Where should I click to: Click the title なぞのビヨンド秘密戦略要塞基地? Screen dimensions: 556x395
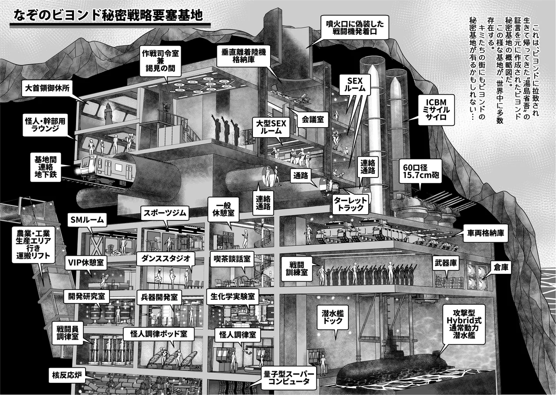point(108,15)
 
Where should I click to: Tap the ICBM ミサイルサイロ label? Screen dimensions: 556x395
point(436,110)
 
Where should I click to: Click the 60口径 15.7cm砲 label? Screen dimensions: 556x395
point(421,171)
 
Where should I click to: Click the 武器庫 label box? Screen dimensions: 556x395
point(446,263)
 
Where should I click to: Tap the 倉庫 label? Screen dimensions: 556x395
point(501,267)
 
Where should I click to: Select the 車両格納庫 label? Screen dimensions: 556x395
point(486,233)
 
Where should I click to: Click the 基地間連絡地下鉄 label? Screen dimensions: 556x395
point(46,167)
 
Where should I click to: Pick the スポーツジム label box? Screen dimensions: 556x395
point(165,213)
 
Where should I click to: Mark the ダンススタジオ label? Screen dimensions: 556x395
point(165,259)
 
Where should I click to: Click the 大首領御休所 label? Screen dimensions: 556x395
point(47,88)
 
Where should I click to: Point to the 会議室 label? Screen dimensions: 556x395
point(313,120)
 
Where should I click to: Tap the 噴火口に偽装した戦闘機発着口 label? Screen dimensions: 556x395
point(355,27)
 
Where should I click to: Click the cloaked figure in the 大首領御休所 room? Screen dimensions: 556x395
point(109,114)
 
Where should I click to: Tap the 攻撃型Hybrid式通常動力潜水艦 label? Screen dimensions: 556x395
point(464,324)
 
